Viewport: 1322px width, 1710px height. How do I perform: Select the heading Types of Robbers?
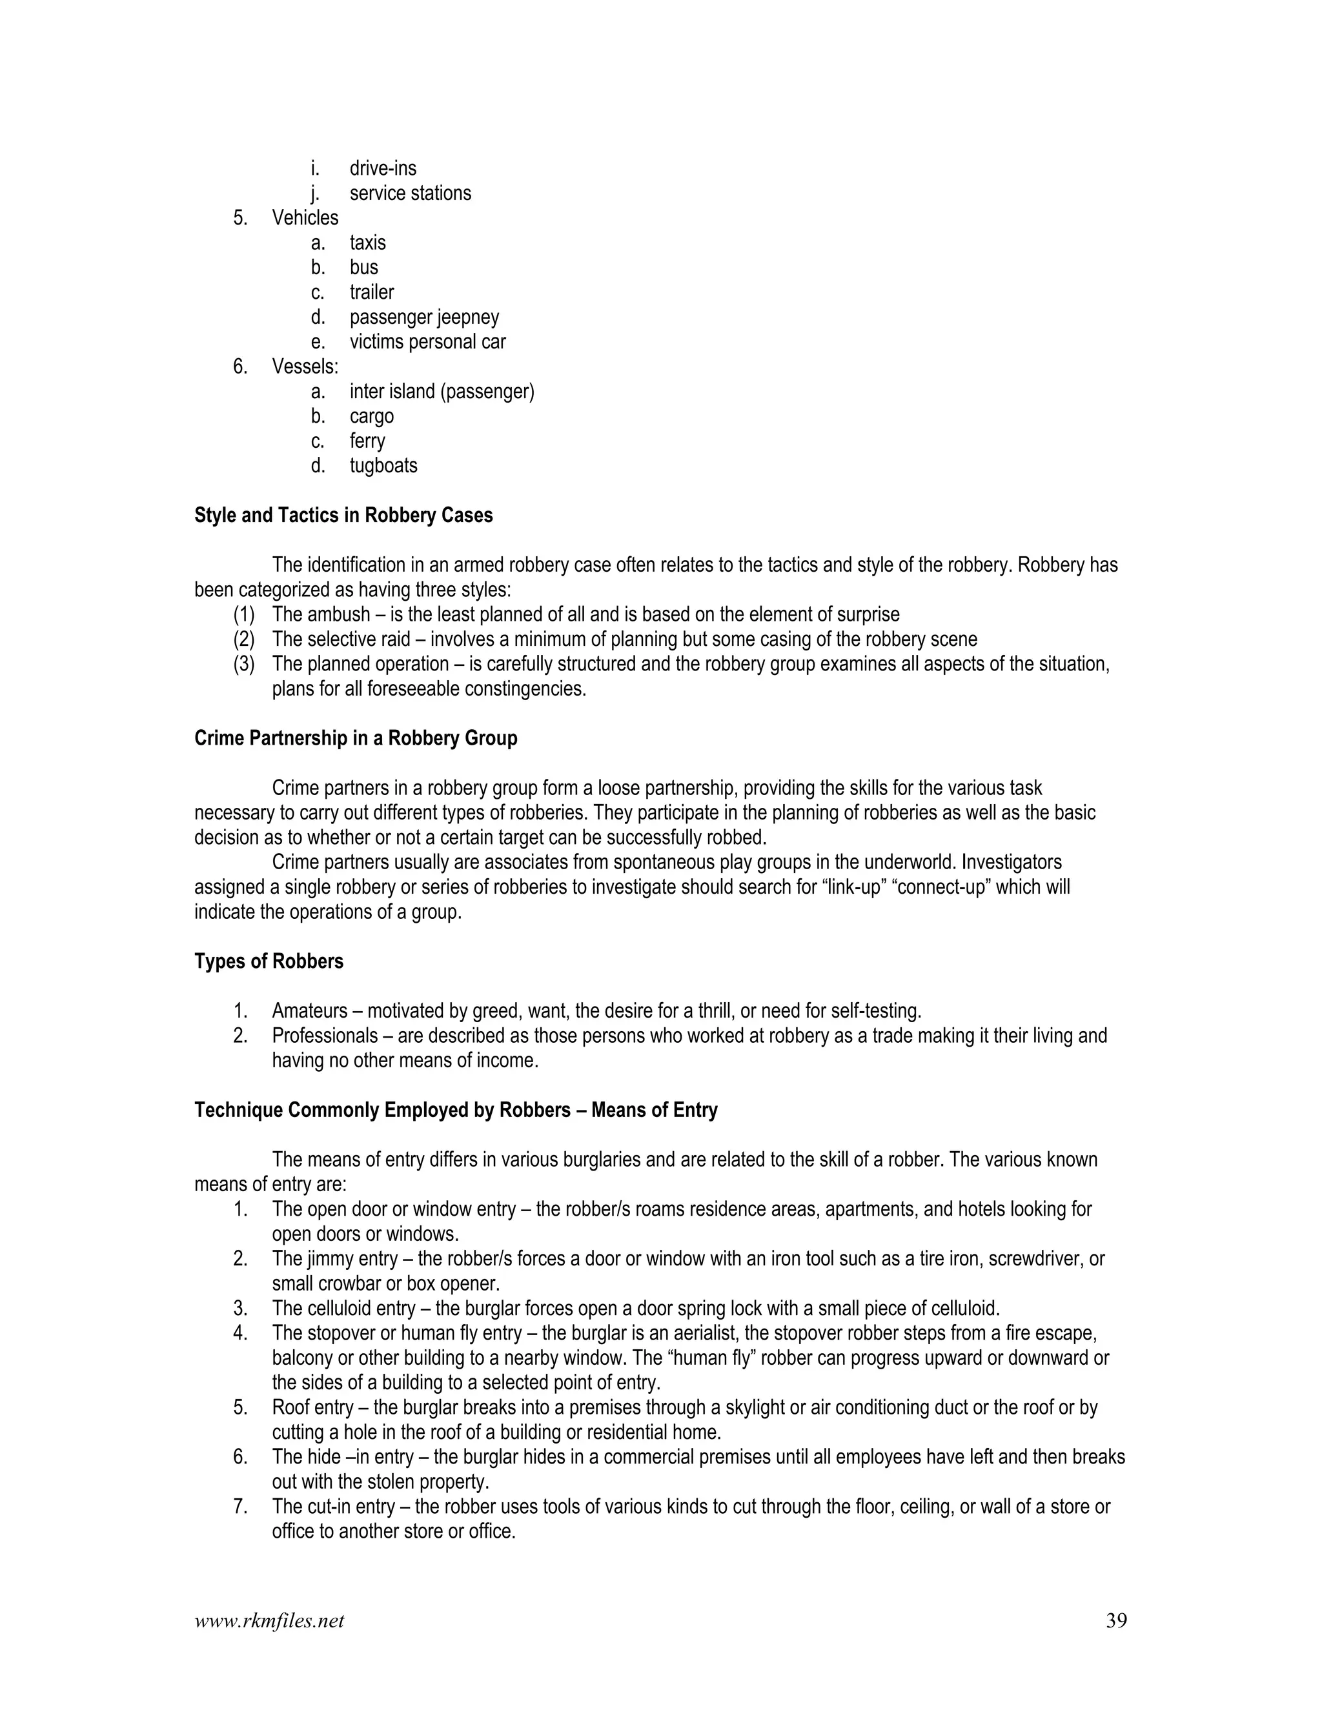click(x=269, y=961)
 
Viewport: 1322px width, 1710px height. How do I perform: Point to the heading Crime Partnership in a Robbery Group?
click(x=356, y=738)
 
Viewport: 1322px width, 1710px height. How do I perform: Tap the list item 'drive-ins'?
click(x=382, y=168)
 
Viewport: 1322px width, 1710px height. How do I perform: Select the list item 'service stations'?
click(x=410, y=194)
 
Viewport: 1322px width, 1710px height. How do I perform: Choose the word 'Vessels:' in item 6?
click(x=305, y=367)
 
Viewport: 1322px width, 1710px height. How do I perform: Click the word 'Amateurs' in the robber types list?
click(x=309, y=1011)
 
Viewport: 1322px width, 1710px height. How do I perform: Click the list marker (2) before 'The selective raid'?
click(x=243, y=639)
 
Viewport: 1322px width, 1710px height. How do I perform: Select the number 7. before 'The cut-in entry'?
click(x=240, y=1507)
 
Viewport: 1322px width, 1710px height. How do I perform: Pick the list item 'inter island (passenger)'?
click(x=442, y=392)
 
